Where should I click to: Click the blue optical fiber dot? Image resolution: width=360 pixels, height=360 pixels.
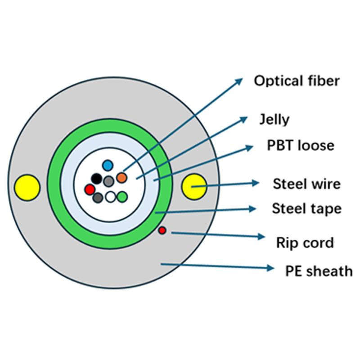pyautogui.click(x=107, y=165)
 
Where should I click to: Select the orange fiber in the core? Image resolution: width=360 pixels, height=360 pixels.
pyautogui.click(x=121, y=177)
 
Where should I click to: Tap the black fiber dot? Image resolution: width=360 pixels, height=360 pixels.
pyautogui.click(x=96, y=178)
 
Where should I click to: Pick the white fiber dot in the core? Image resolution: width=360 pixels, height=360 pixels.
pyautogui.click(x=110, y=197)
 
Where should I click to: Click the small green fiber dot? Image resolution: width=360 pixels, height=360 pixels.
pyautogui.click(x=122, y=197)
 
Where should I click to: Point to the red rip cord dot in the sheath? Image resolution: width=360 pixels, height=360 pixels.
pyautogui.click(x=162, y=230)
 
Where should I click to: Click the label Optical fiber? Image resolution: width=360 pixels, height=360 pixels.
pyautogui.click(x=297, y=81)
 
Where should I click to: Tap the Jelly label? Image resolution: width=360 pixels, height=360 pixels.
pyautogui.click(x=274, y=120)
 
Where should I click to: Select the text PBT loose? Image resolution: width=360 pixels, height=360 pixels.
pyautogui.click(x=301, y=146)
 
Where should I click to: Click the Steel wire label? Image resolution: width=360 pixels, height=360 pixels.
pyautogui.click(x=306, y=184)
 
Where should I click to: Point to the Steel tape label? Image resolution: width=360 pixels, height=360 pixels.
pyautogui.click(x=306, y=209)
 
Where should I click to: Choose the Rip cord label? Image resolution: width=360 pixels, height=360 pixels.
pyautogui.click(x=305, y=243)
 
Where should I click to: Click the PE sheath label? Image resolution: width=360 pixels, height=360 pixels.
pyautogui.click(x=319, y=270)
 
